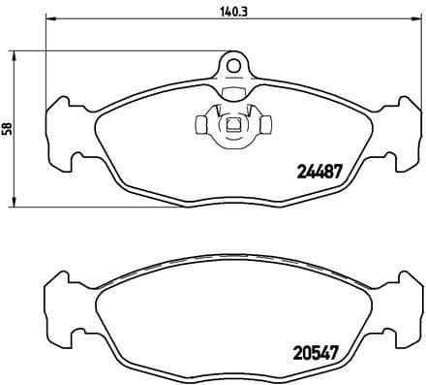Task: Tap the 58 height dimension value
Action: (8, 127)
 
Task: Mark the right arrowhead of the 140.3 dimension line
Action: (410, 22)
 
